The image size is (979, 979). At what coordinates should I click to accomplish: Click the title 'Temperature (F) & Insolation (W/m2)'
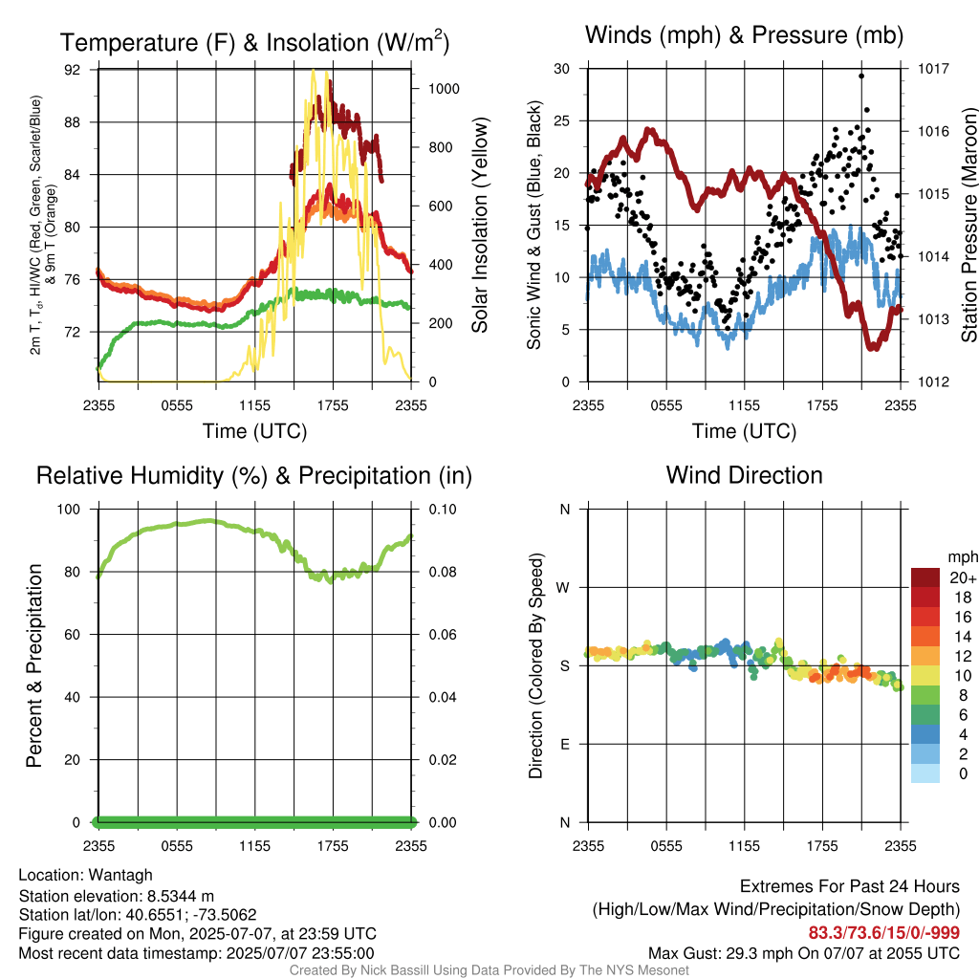(x=254, y=42)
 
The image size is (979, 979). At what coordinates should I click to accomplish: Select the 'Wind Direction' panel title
(x=744, y=475)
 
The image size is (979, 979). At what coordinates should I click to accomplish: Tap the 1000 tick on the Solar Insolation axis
(x=444, y=89)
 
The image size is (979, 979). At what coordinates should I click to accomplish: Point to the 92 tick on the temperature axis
(x=73, y=69)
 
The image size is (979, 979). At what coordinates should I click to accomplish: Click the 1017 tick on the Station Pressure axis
(x=933, y=69)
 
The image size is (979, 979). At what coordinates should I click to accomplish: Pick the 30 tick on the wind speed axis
(x=562, y=69)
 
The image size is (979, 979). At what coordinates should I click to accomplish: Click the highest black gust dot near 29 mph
(x=861, y=76)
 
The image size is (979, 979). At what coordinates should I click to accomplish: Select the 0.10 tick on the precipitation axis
(x=443, y=510)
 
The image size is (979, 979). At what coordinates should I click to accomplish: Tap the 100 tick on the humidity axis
(x=69, y=510)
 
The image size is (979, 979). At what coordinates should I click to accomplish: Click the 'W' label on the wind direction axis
(x=563, y=588)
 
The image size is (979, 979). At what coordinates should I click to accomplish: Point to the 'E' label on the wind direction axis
(x=564, y=744)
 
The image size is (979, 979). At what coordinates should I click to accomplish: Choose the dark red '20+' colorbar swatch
(x=925, y=577)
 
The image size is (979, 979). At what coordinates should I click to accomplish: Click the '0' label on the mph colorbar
(x=964, y=773)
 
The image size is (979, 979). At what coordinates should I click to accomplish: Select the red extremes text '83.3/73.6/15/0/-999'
(x=884, y=933)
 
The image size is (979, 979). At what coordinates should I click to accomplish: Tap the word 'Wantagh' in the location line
(x=120, y=876)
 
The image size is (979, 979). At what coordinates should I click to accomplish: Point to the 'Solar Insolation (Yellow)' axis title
(x=480, y=225)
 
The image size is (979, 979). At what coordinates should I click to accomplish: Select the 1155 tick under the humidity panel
(x=254, y=846)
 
